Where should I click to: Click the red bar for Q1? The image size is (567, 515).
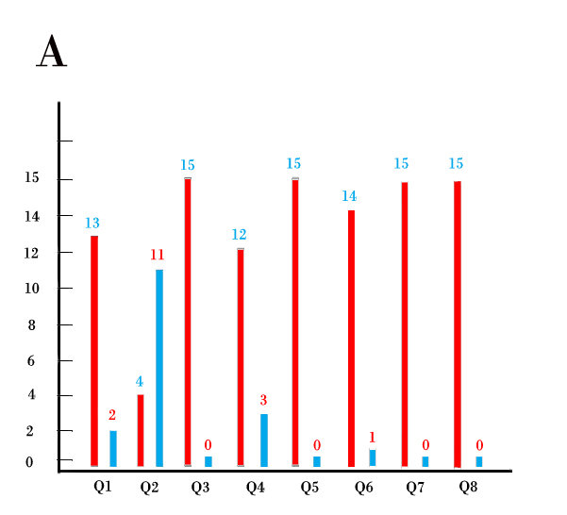tap(94, 350)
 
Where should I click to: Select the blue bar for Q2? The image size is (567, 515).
tap(159, 368)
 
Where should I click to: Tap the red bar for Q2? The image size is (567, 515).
tap(141, 430)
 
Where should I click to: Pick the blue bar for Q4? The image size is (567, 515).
tap(264, 440)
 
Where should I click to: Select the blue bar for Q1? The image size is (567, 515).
tap(113, 448)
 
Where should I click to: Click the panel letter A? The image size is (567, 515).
tap(51, 52)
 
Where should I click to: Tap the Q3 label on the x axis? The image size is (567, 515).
tap(201, 487)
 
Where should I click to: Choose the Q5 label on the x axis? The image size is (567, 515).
tap(309, 487)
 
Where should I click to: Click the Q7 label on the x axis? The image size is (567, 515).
tap(415, 487)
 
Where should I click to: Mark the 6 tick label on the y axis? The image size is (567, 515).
tap(30, 360)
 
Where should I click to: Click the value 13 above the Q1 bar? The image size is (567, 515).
tap(92, 224)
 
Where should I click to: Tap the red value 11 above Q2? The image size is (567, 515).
tap(158, 255)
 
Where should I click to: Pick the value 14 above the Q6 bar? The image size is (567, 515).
tap(349, 196)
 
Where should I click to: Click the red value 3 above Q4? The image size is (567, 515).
tap(263, 400)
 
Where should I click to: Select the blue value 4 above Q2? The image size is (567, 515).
tap(140, 382)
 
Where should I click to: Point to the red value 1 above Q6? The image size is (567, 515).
tap(373, 437)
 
